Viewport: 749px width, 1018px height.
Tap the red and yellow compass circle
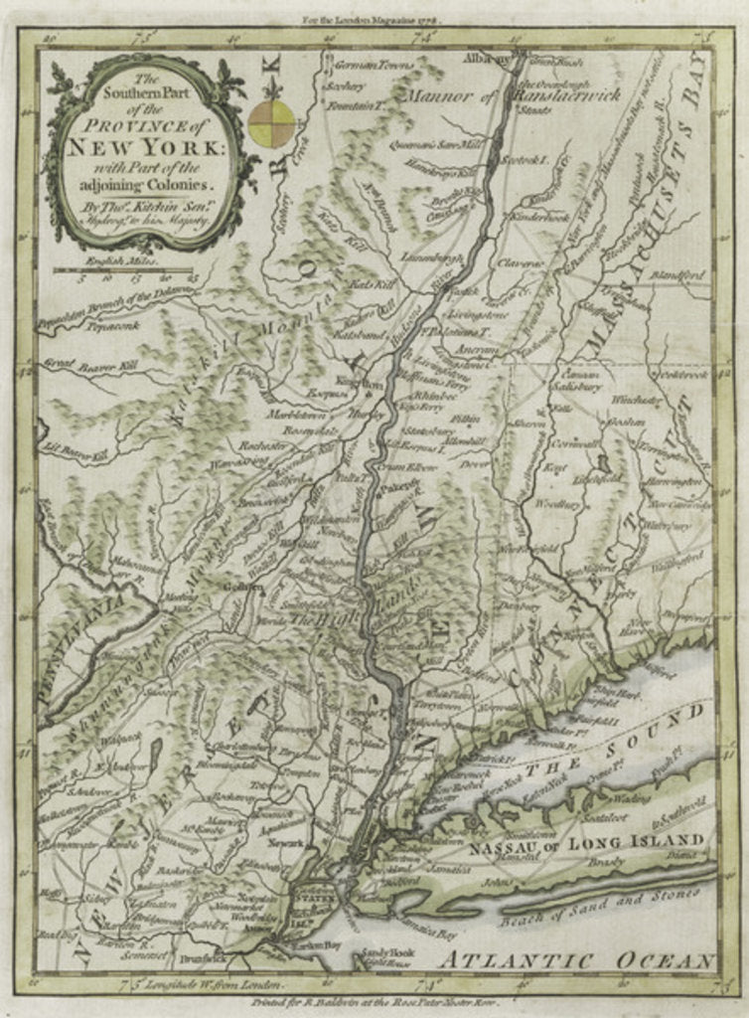(271, 122)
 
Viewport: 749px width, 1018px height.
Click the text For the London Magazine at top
(374, 18)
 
